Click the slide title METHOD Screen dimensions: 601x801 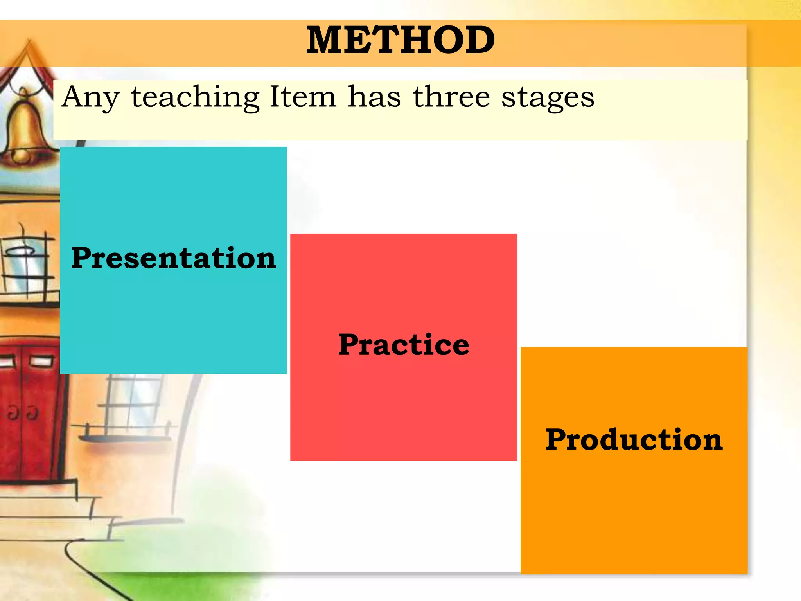(400, 40)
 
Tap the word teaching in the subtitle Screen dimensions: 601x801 (195, 98)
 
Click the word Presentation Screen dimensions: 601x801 (173, 258)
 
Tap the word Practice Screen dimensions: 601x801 (403, 345)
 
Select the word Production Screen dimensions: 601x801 (634, 440)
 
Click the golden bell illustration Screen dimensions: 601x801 (24, 129)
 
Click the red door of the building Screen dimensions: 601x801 (29, 415)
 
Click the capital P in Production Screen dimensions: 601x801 (557, 440)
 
